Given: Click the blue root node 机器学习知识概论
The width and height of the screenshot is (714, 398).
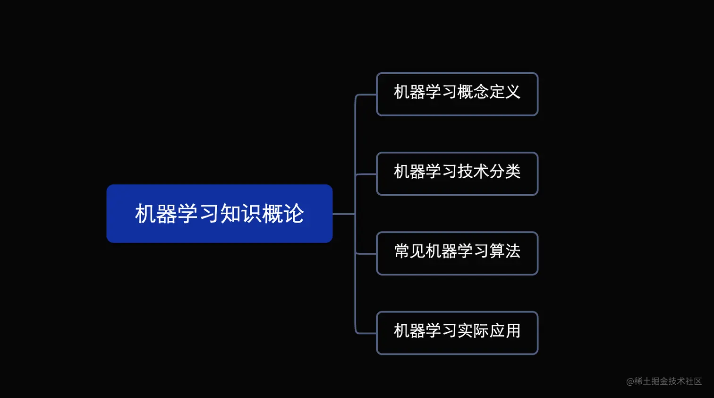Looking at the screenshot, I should (x=219, y=214).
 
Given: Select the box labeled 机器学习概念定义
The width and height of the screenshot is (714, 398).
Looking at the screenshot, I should (x=457, y=94).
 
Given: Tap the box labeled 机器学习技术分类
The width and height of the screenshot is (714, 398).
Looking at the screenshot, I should (x=457, y=173).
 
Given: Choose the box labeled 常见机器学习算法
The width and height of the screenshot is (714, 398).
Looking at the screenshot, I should (x=457, y=253).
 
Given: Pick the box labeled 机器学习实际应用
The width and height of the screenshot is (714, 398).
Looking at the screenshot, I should (x=457, y=333).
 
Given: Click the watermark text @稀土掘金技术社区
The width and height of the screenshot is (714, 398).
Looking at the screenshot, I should (x=664, y=381).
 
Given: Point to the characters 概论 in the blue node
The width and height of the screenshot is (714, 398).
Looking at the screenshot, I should (x=283, y=214).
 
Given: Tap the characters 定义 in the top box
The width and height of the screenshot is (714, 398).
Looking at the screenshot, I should (x=505, y=92).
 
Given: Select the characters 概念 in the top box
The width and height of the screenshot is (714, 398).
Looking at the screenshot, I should (x=473, y=92).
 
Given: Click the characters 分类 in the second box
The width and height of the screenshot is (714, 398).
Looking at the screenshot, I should (x=505, y=171).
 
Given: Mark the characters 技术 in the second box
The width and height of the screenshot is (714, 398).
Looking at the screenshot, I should (x=473, y=171).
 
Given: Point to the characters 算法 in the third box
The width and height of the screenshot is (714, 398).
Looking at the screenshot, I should (x=505, y=251).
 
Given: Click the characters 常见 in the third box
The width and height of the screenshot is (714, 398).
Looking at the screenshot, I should (x=410, y=251).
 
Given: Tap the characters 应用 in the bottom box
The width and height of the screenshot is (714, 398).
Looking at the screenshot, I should (x=505, y=330).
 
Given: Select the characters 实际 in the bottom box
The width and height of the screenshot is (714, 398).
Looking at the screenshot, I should (x=473, y=330).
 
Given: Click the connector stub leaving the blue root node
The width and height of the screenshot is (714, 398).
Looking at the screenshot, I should (x=343, y=214).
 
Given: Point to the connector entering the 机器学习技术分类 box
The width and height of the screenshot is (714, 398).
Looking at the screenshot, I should (x=366, y=174).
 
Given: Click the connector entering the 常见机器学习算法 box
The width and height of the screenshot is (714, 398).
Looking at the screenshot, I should (x=366, y=254).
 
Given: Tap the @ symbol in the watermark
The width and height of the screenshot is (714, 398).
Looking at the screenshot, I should (x=630, y=381).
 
